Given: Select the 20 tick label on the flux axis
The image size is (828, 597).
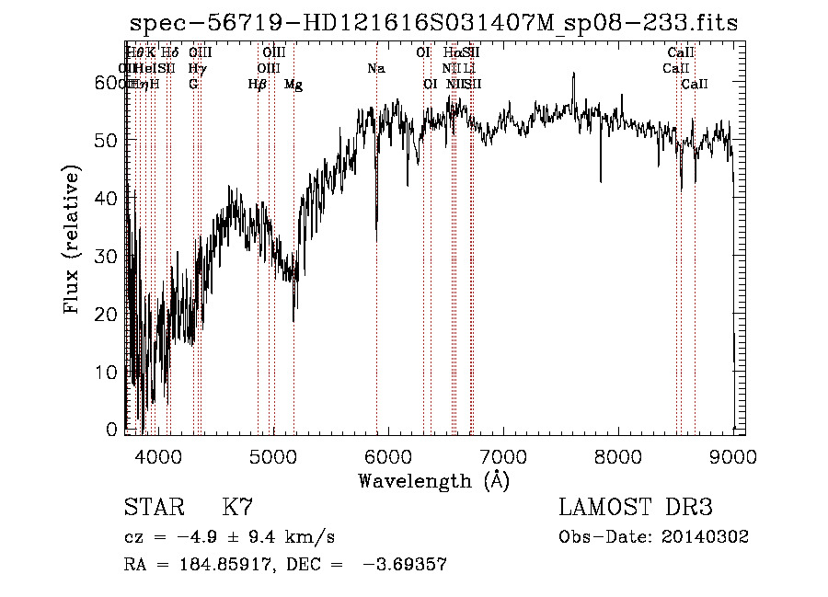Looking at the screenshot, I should (x=109, y=314).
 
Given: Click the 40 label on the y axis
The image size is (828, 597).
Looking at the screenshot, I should (x=109, y=198).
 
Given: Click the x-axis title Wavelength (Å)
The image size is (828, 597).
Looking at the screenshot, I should (x=433, y=480).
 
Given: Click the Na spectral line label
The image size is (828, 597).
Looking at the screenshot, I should (x=375, y=69).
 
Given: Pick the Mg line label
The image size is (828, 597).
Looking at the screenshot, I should (x=293, y=85).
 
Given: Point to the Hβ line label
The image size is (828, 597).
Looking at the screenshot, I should (x=257, y=85).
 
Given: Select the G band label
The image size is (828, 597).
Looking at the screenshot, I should (x=193, y=85).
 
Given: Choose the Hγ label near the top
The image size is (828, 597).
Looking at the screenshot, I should (x=196, y=69).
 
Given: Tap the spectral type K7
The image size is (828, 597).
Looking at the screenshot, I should (x=237, y=508).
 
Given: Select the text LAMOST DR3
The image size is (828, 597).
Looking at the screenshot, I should (x=635, y=508).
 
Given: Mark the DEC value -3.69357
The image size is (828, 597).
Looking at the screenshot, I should (x=404, y=565).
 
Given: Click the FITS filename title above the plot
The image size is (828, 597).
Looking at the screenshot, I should (x=433, y=24).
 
